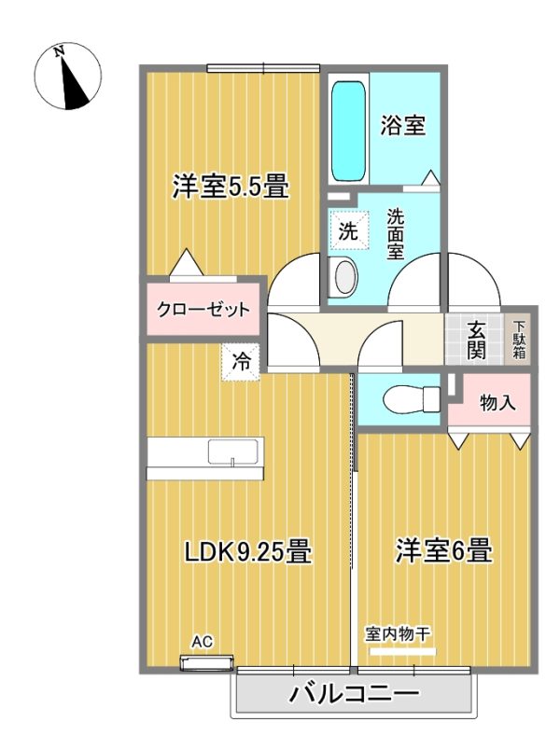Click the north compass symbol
67,76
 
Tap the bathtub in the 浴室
348,131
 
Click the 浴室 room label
403,125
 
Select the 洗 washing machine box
349,231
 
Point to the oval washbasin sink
345,276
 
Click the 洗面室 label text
396,234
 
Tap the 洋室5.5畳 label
231,186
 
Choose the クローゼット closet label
203,310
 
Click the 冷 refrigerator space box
241,362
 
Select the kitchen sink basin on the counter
232,451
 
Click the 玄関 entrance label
476,340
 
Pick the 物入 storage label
497,403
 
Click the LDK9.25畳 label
248,551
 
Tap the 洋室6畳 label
443,550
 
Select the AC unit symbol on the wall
206,663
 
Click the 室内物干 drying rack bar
402,651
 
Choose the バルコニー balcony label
354,693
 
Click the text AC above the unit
203,642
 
